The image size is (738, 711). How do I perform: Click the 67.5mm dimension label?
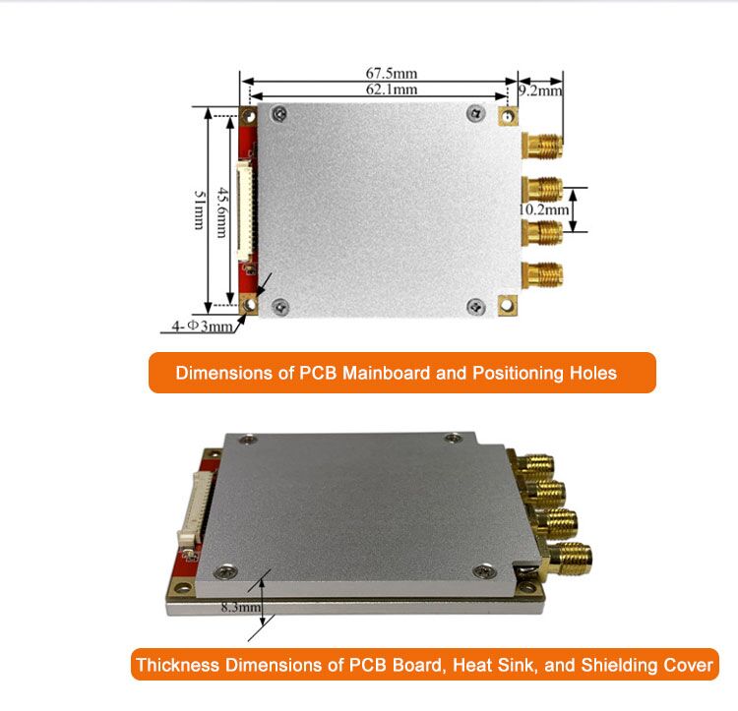click(392, 74)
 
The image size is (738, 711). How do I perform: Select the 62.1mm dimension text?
click(392, 89)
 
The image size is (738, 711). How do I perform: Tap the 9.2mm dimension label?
click(541, 90)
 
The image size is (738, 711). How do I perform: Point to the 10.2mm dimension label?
click(544, 209)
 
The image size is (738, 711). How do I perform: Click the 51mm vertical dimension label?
click(200, 209)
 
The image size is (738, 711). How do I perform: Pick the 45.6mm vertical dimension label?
click(222, 212)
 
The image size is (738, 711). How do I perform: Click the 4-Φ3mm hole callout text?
click(202, 326)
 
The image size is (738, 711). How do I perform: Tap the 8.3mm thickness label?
click(241, 607)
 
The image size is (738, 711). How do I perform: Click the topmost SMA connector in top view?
click(542, 146)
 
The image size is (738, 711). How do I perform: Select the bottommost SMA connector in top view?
click(542, 274)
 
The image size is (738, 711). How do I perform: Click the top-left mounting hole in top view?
click(249, 115)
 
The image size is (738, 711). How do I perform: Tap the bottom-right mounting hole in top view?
click(507, 305)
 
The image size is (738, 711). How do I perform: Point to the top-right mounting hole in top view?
click(508, 116)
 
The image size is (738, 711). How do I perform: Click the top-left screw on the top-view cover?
click(279, 113)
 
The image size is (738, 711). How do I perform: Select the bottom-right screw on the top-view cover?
click(475, 307)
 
